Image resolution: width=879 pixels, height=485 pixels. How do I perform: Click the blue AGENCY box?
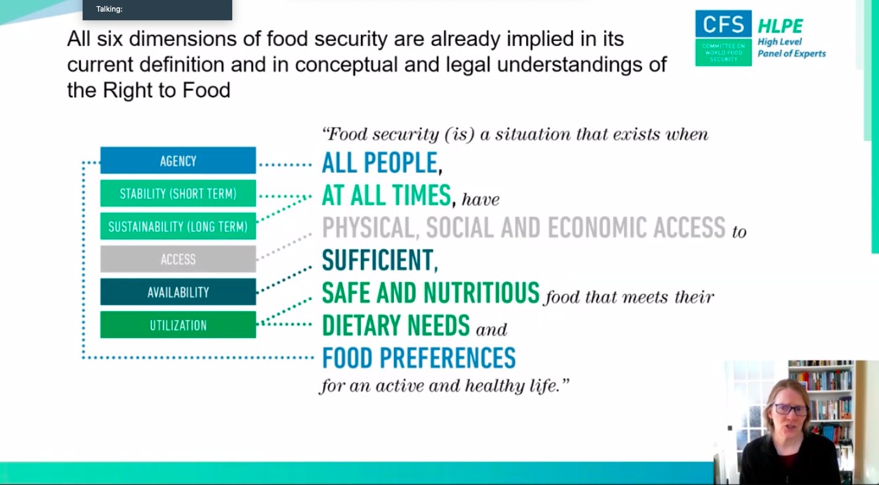(x=178, y=160)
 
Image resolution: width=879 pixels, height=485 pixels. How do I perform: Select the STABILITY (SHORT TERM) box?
(x=178, y=194)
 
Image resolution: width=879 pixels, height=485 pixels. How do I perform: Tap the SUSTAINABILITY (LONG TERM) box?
(x=178, y=227)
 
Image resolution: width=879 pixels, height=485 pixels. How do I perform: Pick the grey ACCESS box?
(x=178, y=259)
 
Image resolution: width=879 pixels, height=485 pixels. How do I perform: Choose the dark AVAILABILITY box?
(x=178, y=292)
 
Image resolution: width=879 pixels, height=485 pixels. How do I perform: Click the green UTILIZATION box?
(x=178, y=325)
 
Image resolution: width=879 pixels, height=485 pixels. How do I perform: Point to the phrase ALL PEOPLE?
(x=379, y=163)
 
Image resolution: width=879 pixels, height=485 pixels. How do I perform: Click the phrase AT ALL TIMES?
(x=386, y=195)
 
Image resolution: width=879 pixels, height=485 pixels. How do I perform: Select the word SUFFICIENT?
(x=377, y=260)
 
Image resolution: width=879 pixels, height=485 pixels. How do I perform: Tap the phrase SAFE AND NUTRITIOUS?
(x=431, y=293)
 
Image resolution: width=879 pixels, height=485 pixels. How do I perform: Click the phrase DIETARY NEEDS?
(x=396, y=325)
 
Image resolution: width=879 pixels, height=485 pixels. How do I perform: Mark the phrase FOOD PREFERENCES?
(x=419, y=358)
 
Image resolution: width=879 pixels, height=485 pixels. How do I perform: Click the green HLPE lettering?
(x=780, y=26)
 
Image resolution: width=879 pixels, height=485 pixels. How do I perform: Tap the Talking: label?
(x=109, y=9)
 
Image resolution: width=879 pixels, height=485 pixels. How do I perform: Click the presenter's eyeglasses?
(x=790, y=410)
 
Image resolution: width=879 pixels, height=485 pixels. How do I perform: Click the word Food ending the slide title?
(x=206, y=90)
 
